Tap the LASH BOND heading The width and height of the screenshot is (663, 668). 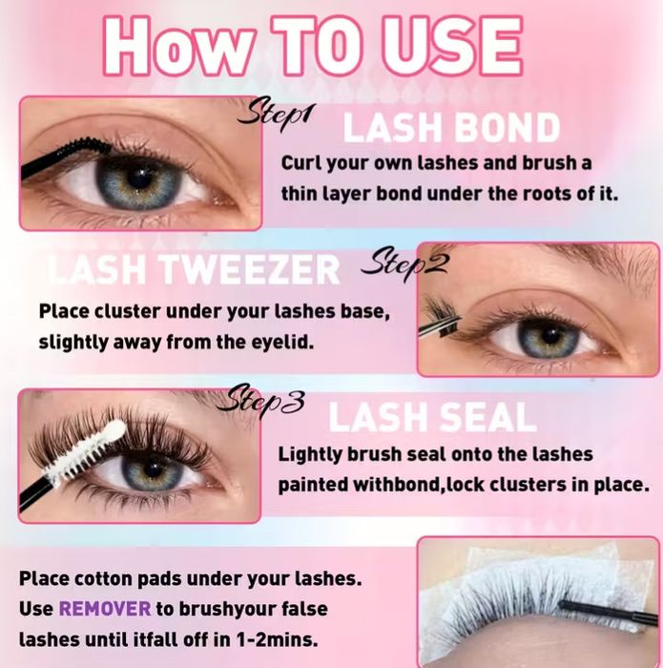(451, 128)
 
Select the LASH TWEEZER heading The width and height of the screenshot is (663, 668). (194, 269)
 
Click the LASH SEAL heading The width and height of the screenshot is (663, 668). (432, 418)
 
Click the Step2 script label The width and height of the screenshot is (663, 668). (404, 263)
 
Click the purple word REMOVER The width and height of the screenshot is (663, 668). (105, 609)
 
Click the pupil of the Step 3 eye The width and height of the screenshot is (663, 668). (153, 469)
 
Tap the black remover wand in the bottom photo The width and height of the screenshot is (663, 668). (609, 611)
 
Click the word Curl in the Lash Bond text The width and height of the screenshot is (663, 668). (300, 163)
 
